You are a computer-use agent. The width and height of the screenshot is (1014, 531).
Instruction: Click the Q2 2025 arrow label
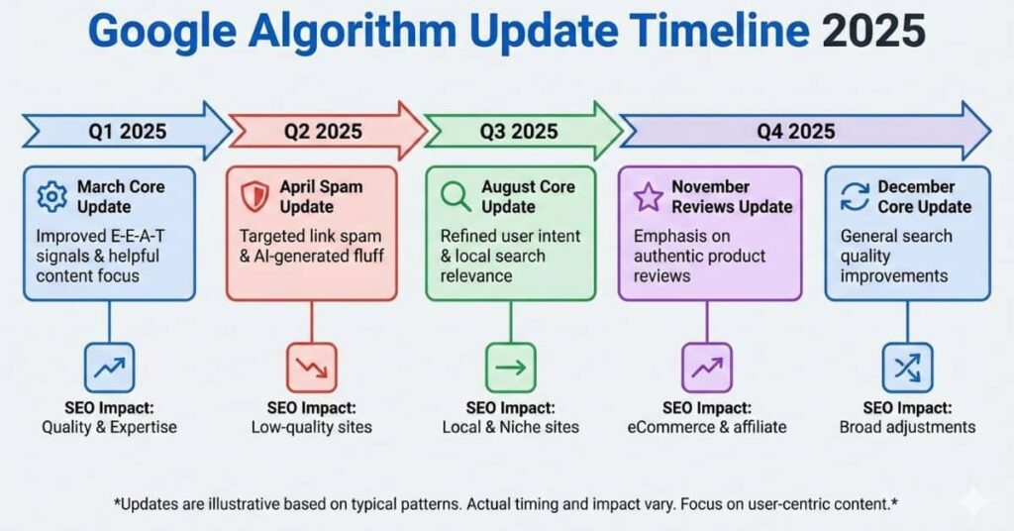(x=323, y=131)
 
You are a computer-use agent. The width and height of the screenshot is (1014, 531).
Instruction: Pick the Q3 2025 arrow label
(x=520, y=131)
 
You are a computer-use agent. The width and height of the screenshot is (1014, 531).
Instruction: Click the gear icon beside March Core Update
(x=51, y=197)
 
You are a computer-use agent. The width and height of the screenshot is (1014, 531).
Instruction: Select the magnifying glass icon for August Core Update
(x=456, y=196)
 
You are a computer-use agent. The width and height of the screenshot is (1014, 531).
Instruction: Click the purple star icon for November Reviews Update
(x=648, y=196)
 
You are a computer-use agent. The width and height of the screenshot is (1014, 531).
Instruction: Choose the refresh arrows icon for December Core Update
(x=853, y=196)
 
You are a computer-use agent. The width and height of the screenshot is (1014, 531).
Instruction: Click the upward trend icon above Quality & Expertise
(x=109, y=368)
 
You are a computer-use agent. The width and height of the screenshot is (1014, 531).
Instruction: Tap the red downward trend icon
(x=311, y=368)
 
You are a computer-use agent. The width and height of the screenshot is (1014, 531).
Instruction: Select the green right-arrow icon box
(x=511, y=368)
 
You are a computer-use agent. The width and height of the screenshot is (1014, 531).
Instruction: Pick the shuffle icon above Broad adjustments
(x=907, y=368)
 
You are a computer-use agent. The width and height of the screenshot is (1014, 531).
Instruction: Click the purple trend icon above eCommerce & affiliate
(x=707, y=368)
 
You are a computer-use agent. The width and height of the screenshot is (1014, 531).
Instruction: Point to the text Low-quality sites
(x=311, y=427)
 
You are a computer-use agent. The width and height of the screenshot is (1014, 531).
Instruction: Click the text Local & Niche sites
(x=511, y=427)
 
